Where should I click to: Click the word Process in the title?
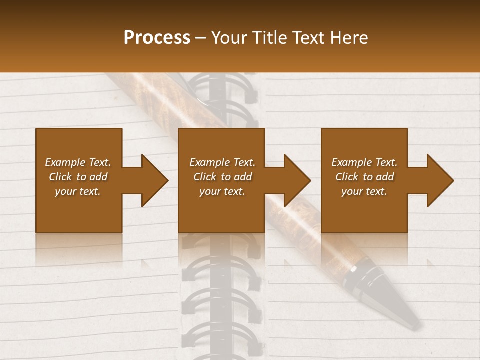point(157,38)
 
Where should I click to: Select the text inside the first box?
point(78,177)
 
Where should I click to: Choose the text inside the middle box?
point(222,177)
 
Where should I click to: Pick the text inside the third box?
point(364,177)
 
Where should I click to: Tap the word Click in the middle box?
point(204,177)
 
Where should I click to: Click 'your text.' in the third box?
point(364,191)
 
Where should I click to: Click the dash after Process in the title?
point(201,38)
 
